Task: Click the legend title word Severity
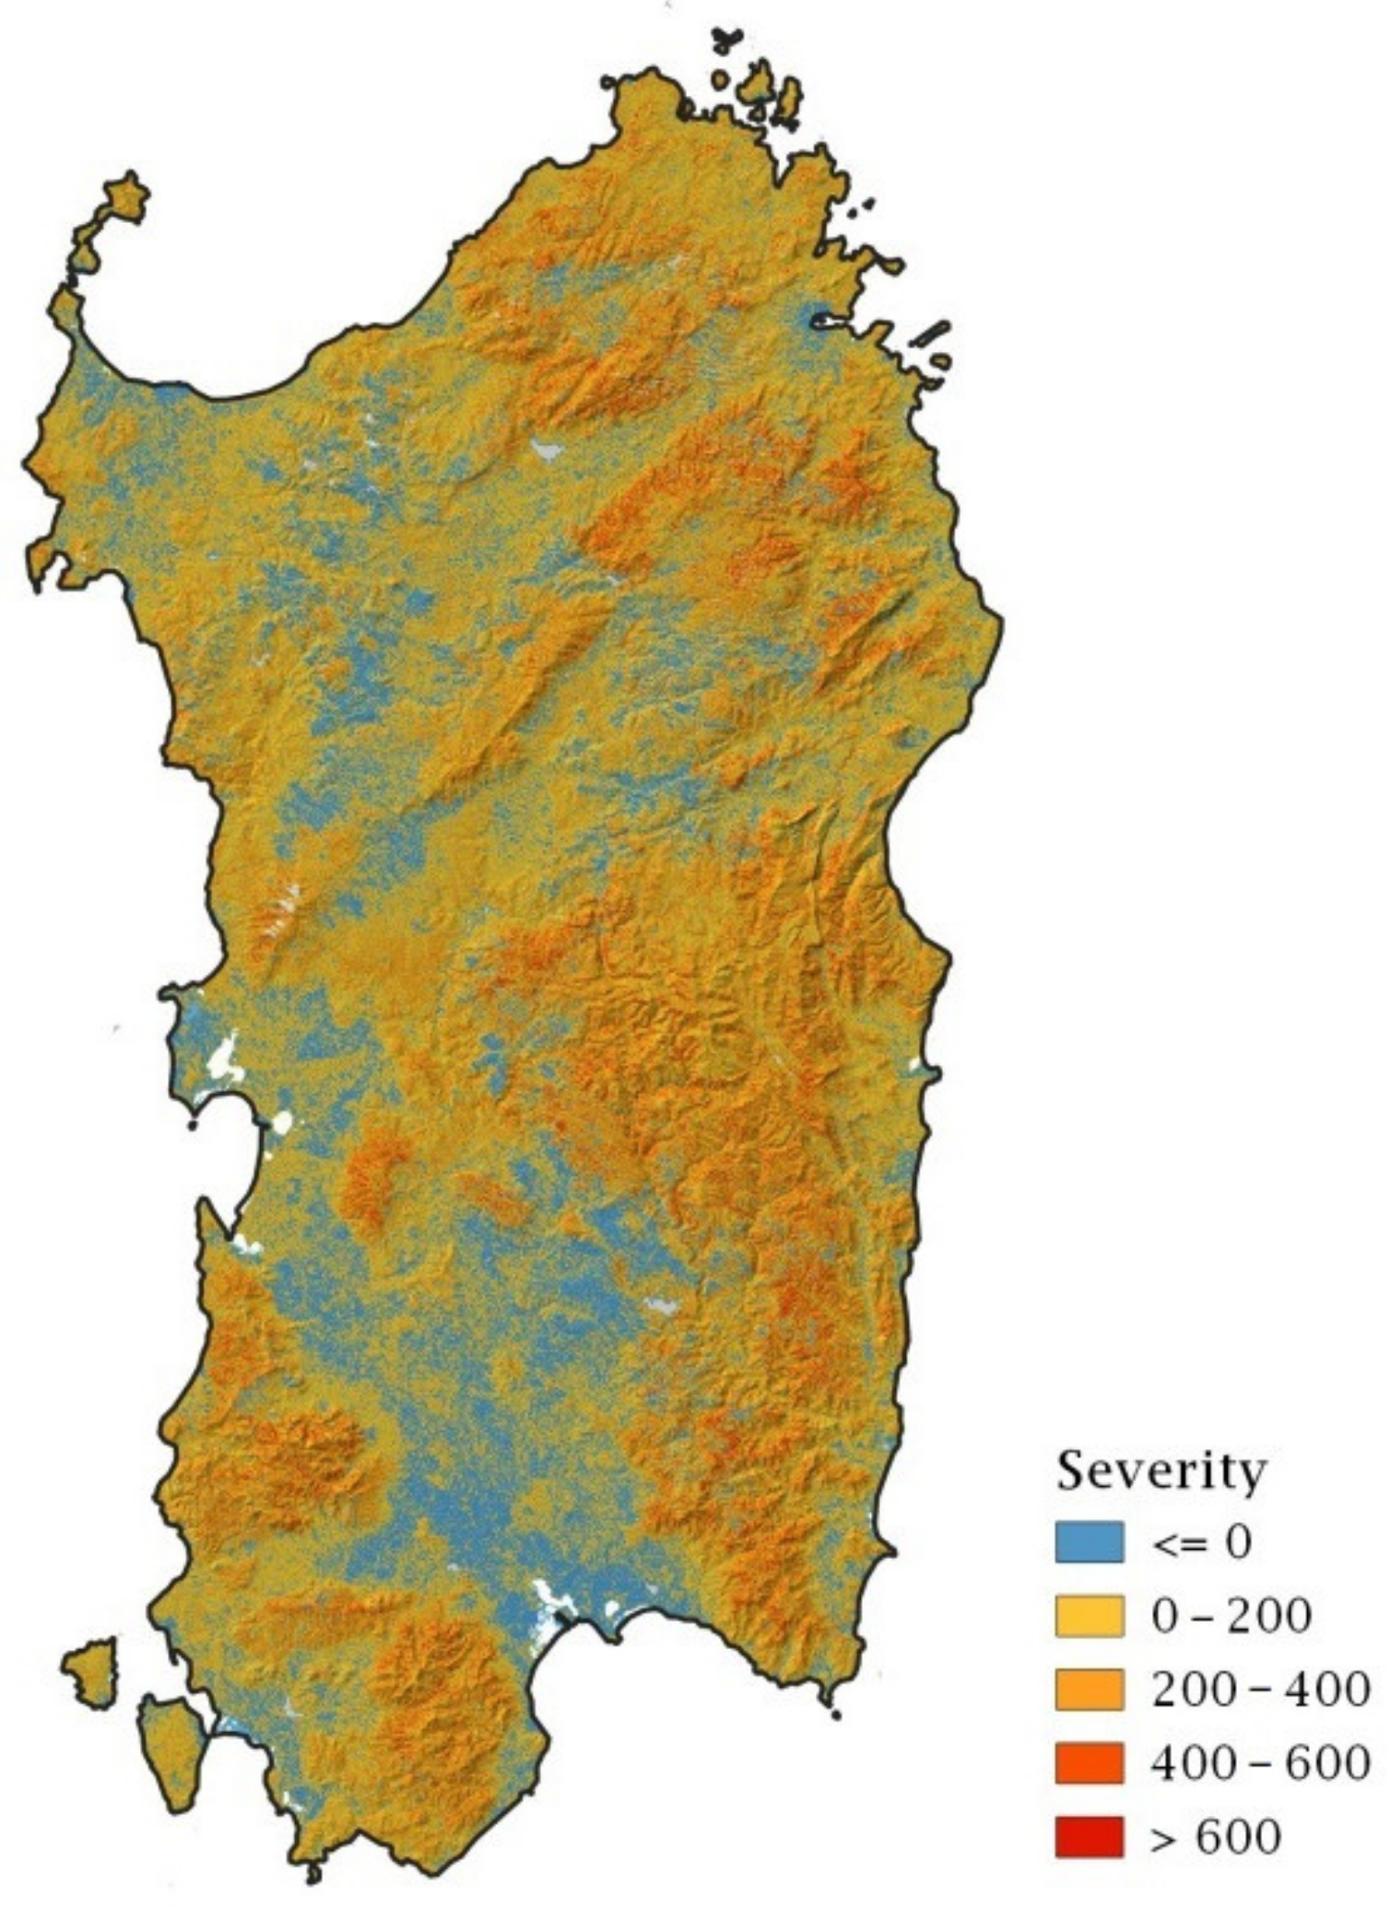click(x=1160, y=1470)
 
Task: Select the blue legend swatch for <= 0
click(x=1090, y=1542)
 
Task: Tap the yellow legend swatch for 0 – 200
click(x=1090, y=1616)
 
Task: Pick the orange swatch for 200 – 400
click(x=1090, y=1690)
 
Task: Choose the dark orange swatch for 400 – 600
click(x=1090, y=1763)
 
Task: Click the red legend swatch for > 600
click(x=1090, y=1837)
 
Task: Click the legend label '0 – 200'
click(x=1231, y=1616)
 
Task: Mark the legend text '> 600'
click(x=1215, y=1837)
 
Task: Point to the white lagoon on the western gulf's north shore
click(x=224, y=1061)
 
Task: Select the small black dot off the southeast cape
click(x=835, y=1716)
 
